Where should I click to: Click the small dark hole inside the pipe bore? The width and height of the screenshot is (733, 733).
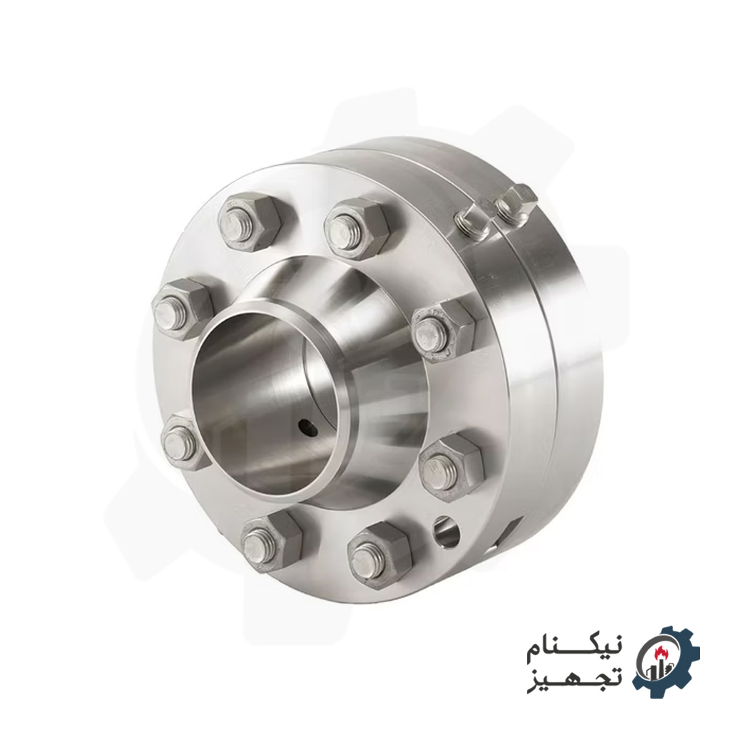coord(308,428)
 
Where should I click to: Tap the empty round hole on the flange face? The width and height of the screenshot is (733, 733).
coord(445,531)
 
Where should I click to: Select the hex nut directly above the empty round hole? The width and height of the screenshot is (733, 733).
coord(450,465)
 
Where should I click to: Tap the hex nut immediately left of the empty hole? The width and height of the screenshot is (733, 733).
coord(377,553)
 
